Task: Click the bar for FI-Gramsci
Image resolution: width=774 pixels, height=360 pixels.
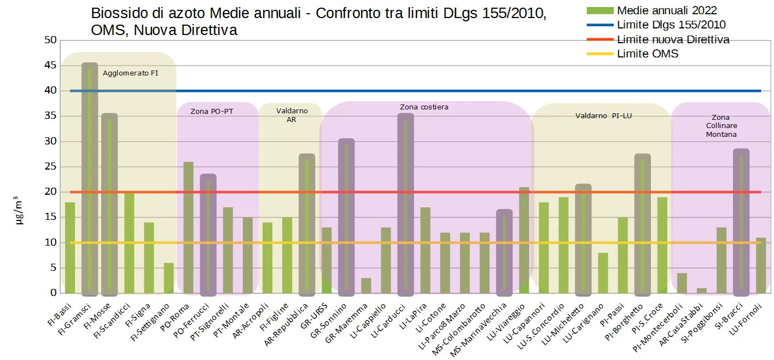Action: (x=90, y=181)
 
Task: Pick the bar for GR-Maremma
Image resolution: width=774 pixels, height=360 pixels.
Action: (x=366, y=286)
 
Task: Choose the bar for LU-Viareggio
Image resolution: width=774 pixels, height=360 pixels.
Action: (x=524, y=240)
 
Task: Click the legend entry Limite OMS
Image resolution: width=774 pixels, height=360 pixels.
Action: (x=647, y=54)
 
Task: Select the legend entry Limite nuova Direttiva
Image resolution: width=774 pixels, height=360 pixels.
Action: (x=673, y=39)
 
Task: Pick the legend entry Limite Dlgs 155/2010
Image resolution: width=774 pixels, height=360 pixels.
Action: (x=671, y=25)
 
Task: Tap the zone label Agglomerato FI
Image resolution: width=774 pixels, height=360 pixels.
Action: (x=131, y=73)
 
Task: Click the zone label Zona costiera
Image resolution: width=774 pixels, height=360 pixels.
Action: (x=424, y=107)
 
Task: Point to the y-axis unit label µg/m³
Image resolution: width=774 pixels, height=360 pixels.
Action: (x=18, y=211)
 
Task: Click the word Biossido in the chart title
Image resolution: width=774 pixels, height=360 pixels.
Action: (x=115, y=13)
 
